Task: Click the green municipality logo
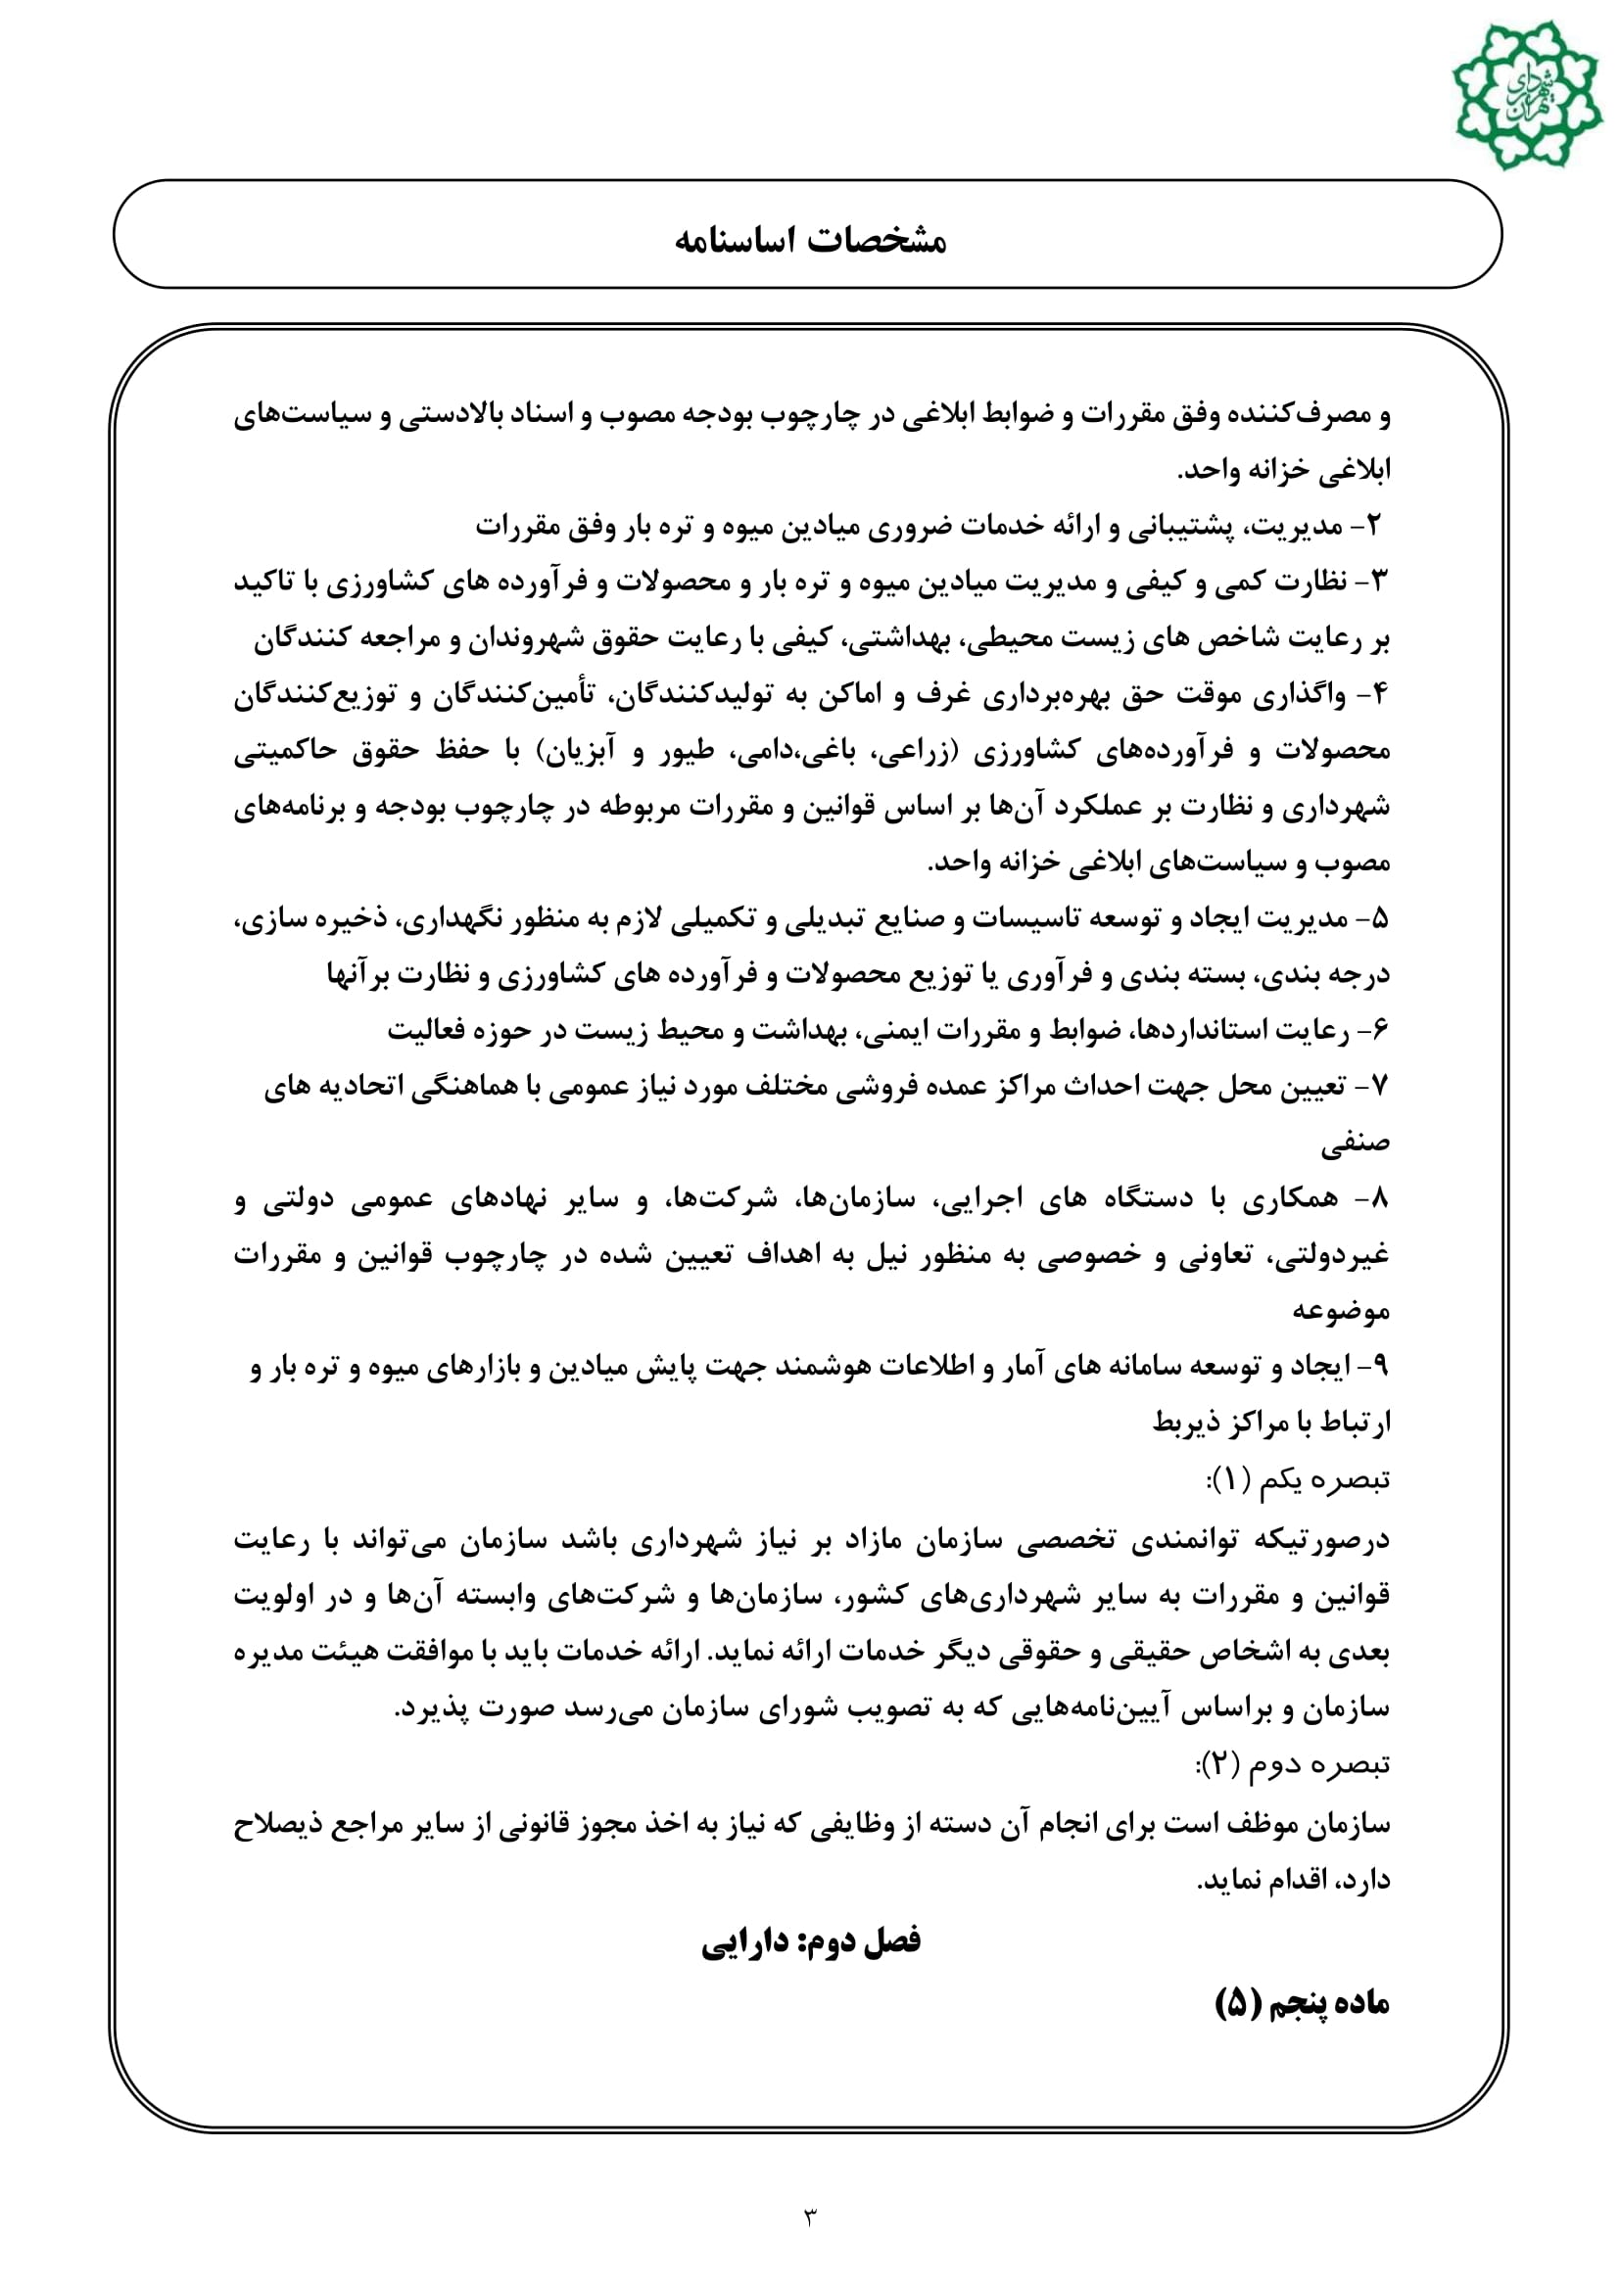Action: click(1526, 95)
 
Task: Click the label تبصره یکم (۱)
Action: click(1297, 1480)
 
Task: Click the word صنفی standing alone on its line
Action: click(1356, 1144)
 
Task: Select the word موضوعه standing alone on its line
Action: click(1341, 1311)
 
